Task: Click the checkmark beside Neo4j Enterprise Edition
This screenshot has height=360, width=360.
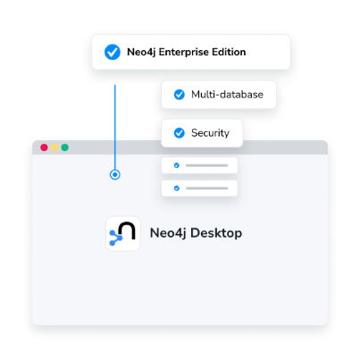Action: point(113,52)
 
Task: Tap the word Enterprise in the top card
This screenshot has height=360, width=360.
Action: point(184,53)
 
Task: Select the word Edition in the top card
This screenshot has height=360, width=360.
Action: point(229,52)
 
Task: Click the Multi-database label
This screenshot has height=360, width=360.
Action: point(227,95)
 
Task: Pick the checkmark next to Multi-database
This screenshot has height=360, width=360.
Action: point(180,95)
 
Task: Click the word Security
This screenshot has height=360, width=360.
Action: point(210,133)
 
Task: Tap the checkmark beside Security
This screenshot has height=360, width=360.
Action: point(180,133)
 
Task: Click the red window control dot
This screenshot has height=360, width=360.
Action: point(44,147)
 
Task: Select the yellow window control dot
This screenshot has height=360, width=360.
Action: point(54,147)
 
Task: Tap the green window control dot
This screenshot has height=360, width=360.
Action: point(65,147)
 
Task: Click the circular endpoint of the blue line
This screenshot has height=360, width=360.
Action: point(115,174)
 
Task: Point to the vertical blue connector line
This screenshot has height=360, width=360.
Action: point(115,127)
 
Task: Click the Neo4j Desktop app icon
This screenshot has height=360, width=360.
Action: point(123,233)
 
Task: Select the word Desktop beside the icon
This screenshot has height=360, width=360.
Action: point(216,233)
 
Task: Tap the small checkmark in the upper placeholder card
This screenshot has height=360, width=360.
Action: point(177,165)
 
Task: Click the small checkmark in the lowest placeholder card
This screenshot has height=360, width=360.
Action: point(177,188)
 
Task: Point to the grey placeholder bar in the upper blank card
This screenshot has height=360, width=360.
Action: point(207,165)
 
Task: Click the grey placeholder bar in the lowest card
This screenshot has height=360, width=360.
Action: point(207,188)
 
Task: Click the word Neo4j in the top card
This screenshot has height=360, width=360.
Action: point(141,53)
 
